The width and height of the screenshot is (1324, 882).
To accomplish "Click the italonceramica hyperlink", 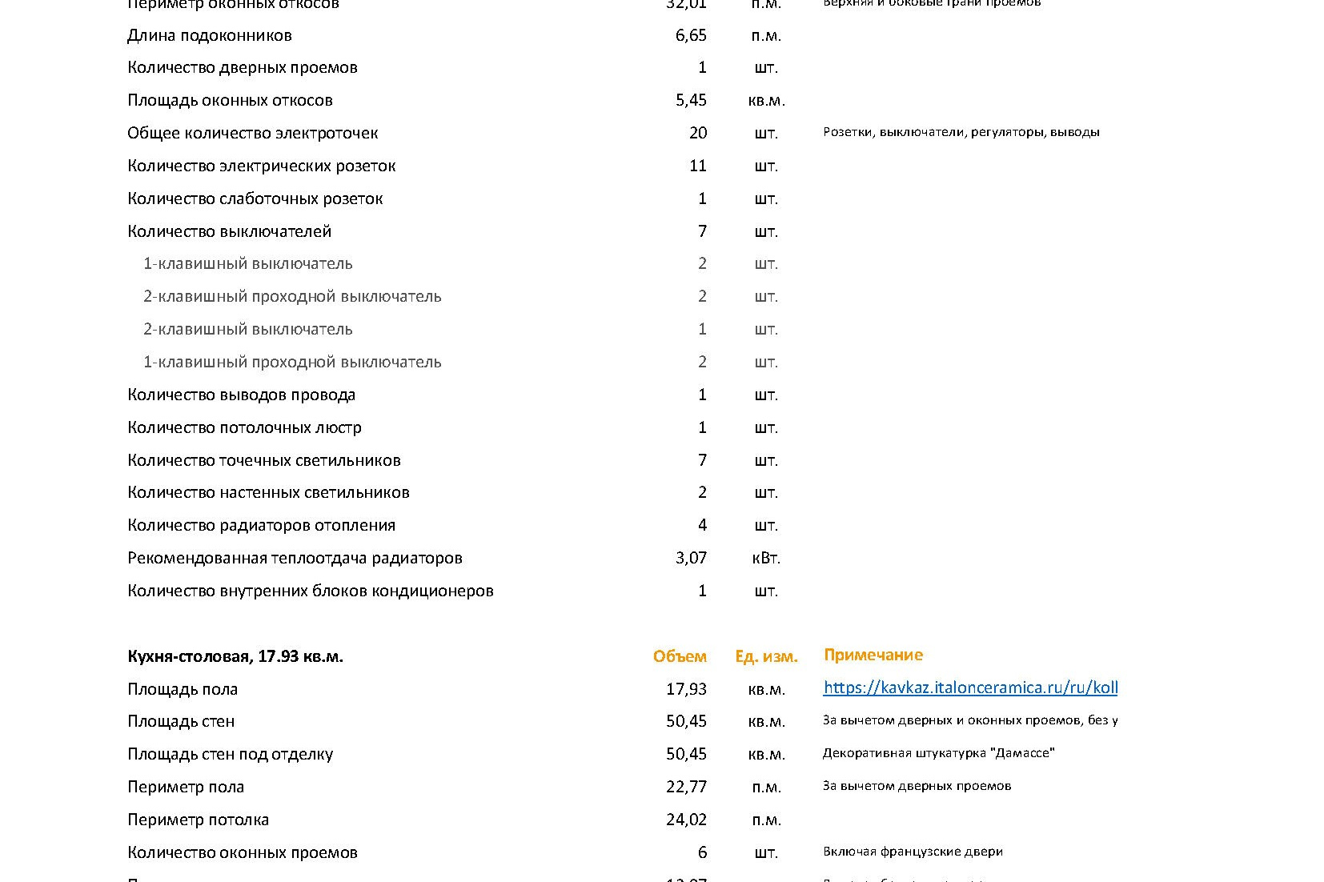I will (970, 688).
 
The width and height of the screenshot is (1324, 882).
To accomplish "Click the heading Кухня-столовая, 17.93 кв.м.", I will (235, 656).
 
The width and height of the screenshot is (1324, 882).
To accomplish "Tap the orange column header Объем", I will (680, 656).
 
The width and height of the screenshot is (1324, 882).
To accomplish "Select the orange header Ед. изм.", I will (766, 656).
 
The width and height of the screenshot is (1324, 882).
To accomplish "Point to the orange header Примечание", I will (873, 655).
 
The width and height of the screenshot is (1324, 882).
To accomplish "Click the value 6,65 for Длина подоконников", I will (691, 35).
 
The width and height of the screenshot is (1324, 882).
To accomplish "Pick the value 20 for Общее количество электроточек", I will (697, 133).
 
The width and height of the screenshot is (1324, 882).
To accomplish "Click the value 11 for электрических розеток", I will (697, 166).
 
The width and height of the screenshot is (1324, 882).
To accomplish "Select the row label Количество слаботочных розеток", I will (255, 198).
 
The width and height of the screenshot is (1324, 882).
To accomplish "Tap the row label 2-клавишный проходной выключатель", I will (292, 296).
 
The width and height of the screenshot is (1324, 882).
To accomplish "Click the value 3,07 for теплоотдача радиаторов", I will (691, 558).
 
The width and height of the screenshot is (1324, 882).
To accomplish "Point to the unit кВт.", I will (766, 558).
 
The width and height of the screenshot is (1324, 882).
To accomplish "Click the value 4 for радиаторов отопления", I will (702, 525).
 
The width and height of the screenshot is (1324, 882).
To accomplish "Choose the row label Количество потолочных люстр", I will (244, 427).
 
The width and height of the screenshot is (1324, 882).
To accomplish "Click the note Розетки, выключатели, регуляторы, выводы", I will (961, 132).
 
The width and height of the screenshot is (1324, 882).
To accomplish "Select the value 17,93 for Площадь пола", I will (686, 689).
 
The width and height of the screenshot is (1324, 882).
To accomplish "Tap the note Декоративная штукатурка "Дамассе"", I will (938, 753).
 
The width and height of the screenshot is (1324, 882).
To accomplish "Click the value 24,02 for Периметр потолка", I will (686, 820).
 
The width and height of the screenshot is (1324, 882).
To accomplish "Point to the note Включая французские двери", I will (913, 852).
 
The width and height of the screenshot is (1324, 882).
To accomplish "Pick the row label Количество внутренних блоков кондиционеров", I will (310, 591).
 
